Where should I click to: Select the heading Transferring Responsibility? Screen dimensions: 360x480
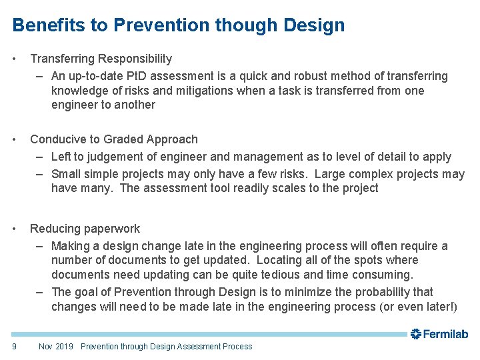(x=101, y=59)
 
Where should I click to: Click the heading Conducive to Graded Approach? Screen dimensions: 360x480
(x=114, y=139)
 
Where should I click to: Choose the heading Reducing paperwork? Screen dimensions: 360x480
(x=85, y=229)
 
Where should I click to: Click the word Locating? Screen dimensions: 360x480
(x=279, y=260)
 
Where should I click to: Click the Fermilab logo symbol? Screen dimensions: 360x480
(x=416, y=334)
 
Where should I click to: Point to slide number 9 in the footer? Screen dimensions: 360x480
(x=15, y=346)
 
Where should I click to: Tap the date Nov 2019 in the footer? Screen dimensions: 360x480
(x=56, y=346)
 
